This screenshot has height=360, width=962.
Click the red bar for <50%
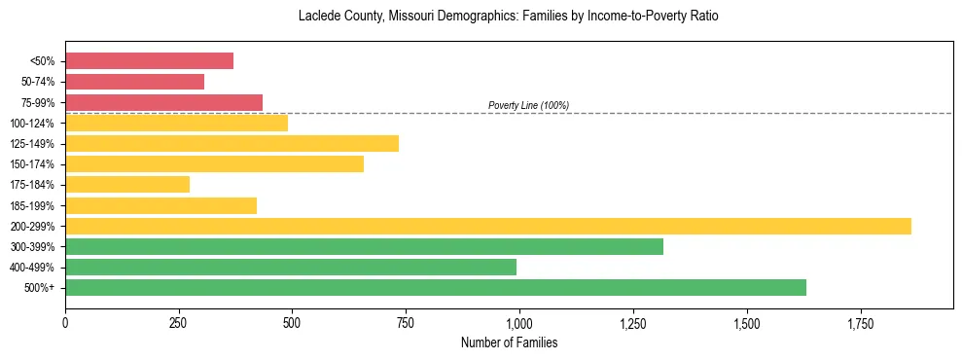pos(149,61)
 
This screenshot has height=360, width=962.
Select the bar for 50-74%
pos(134,82)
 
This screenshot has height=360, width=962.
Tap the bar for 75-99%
pos(163,102)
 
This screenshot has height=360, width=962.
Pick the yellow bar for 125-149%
pos(232,144)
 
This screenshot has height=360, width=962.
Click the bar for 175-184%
pos(127,185)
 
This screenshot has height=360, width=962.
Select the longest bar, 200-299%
pos(487,226)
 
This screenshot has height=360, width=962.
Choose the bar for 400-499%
pos(291,267)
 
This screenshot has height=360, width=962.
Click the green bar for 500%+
pos(435,287)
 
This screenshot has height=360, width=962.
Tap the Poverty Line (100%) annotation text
pos(528,105)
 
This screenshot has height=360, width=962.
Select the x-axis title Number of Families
pos(509,343)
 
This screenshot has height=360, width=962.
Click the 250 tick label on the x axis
pos(179,322)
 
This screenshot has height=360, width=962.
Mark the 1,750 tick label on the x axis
pos(861,322)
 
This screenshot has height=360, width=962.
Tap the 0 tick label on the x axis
pos(65,322)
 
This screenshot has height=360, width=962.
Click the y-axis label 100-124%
pos(32,124)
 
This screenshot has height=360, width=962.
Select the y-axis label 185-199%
pos(32,206)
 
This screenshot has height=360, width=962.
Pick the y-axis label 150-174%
pos(32,164)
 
